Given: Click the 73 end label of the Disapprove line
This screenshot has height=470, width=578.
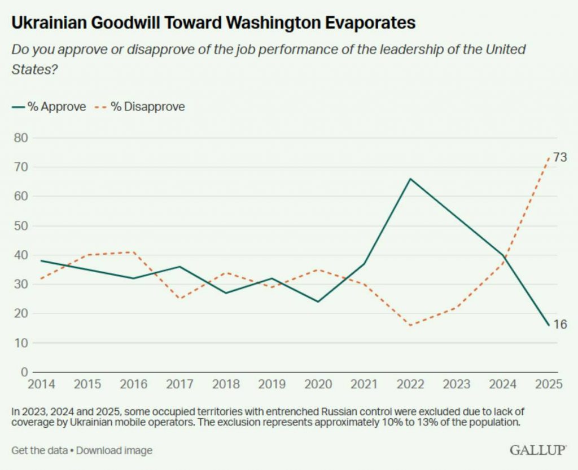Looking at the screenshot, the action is pos(560,158).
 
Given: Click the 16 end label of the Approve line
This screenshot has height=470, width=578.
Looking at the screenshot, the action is pos(560,324).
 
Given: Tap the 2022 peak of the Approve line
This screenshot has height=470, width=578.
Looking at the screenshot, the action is pos(410,179).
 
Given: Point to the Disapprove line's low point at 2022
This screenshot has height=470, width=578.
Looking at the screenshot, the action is pos(410,325).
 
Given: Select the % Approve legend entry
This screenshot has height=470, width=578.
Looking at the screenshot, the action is pos(49,107).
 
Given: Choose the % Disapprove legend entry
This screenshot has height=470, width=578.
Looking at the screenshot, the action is pos(140,107).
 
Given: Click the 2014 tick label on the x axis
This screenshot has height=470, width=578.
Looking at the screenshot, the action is pos(41,384).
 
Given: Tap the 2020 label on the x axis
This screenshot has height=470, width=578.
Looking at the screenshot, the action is pos(318,384).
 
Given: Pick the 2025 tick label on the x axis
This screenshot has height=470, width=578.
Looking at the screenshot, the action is pos(549,384).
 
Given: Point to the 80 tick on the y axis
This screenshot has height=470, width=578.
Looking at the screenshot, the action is pos(21,138).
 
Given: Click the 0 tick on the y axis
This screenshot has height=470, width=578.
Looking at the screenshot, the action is pos(24,372).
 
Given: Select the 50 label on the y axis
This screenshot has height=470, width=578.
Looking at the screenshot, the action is pos(21,225).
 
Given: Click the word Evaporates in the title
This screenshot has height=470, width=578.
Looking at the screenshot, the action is pos(370,23).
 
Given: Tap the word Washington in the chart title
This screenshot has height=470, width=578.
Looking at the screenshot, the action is pos(273,23).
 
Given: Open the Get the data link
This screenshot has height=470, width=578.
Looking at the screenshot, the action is pos(40,450).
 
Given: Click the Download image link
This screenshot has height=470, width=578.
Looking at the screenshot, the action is pos(114,450).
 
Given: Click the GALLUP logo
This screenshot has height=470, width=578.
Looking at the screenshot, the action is pos(538,450).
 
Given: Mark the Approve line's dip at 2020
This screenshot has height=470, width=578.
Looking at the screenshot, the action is pos(318,302).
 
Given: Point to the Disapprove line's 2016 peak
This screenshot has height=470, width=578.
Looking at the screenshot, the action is pos(133,252).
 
